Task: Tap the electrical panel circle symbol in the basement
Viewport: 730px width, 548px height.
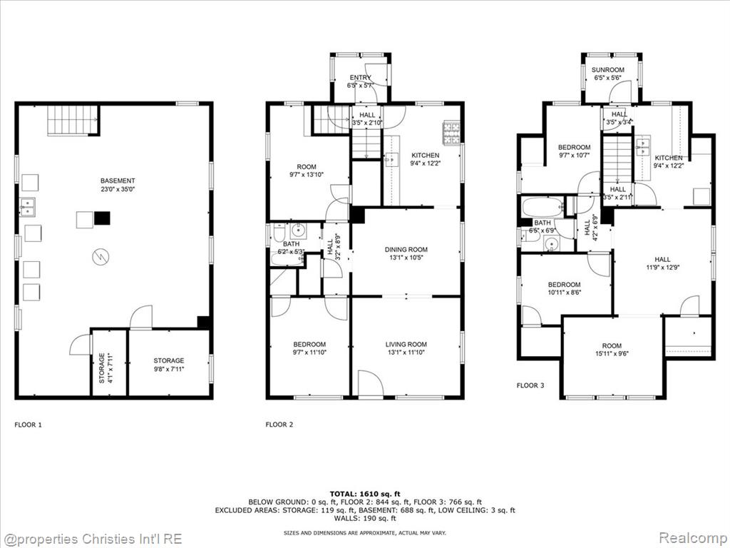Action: pos(101,257)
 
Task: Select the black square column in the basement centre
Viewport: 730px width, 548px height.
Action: pos(103,218)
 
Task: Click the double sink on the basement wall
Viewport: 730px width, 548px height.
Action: pos(27,207)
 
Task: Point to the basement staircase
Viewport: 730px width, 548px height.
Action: pos(73,120)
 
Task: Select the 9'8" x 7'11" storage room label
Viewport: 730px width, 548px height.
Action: pos(168,365)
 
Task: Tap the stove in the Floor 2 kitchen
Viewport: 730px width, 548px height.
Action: pos(451,132)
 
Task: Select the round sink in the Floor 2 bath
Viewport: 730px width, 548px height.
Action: pos(297,230)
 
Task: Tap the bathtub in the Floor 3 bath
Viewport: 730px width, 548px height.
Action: pos(543,207)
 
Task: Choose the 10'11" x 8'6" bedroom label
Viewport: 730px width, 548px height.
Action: pos(565,288)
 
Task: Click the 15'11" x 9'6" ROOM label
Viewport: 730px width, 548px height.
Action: pos(612,350)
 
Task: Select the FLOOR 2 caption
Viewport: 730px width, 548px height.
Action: pos(279,425)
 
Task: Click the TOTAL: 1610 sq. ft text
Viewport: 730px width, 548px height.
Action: pos(365,494)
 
